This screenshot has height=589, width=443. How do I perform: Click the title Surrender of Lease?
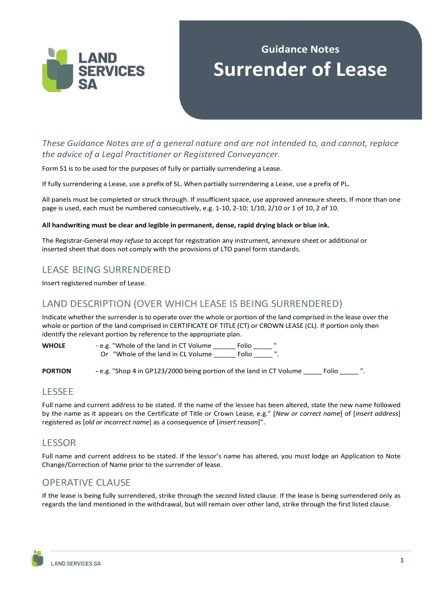(300, 70)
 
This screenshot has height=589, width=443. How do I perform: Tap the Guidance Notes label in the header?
(300, 49)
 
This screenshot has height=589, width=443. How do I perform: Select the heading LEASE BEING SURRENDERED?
(106, 270)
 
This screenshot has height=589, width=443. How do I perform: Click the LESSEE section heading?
(58, 392)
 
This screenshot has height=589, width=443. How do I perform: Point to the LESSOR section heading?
(59, 443)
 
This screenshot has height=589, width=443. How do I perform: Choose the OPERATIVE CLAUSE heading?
(86, 482)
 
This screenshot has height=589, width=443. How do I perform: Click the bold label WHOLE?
(54, 346)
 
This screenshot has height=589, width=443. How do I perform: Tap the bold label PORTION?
(56, 371)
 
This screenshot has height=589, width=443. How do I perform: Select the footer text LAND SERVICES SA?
(76, 564)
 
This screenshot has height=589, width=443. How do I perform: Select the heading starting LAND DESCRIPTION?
(192, 304)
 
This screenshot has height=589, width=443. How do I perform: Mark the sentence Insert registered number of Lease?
(94, 283)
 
